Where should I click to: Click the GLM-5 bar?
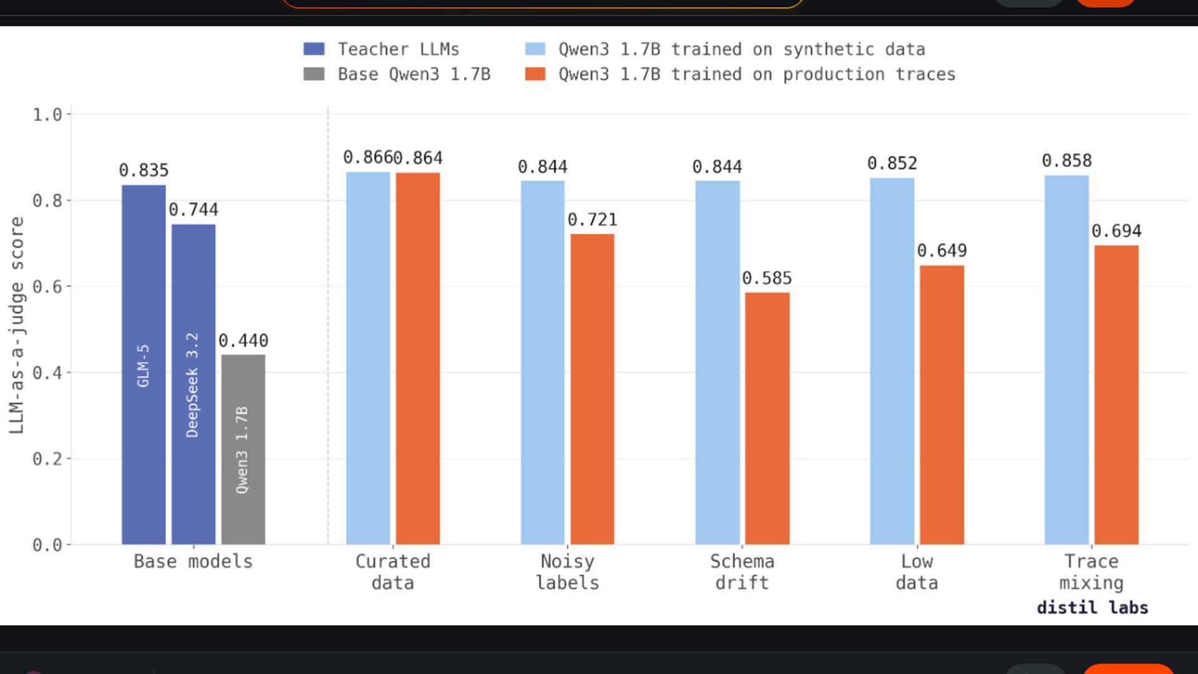click(144, 364)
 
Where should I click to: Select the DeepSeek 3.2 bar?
click(193, 384)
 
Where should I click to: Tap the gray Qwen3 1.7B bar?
click(243, 449)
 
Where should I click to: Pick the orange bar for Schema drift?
click(767, 418)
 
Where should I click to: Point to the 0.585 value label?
click(767, 278)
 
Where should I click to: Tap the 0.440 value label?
click(243, 341)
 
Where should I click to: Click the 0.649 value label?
click(942, 251)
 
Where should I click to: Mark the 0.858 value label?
click(1066, 161)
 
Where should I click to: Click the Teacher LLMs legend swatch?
click(314, 49)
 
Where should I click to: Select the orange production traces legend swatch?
click(535, 74)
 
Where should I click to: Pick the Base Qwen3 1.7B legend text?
click(414, 74)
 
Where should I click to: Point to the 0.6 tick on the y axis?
click(47, 287)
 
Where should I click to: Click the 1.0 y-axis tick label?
click(47, 115)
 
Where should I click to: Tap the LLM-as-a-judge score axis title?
click(17, 325)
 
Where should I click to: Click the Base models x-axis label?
click(193, 562)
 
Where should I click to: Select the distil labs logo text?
click(1092, 608)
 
